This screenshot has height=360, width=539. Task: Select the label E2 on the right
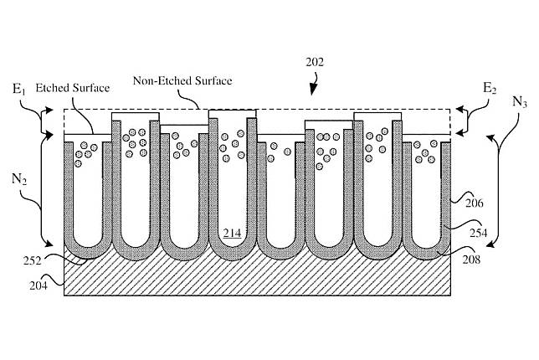point(491,88)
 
